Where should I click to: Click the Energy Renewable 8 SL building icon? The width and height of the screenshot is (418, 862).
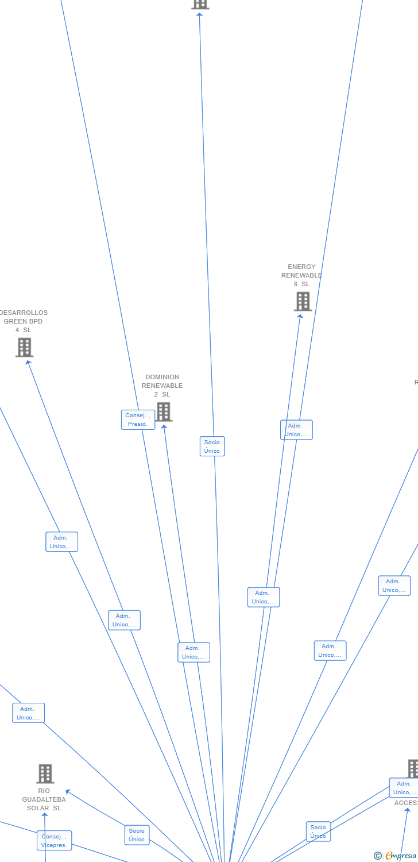303,301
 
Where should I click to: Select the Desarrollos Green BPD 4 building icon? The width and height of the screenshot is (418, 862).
24,347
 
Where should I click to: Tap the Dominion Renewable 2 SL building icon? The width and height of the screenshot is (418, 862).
164,411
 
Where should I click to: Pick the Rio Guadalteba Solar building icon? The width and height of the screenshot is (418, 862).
45,774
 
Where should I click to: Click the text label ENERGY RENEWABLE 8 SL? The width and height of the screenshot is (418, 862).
301,275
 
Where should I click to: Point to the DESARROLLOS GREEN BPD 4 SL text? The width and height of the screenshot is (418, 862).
24,321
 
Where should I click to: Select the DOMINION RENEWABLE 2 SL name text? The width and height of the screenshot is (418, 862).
162,386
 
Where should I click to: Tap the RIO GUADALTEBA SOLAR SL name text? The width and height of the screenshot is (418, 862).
44,799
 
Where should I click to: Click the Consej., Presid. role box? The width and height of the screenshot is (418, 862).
138,420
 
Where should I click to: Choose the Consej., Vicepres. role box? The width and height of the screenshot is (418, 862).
55,841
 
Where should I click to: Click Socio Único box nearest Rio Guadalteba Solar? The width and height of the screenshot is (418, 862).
137,835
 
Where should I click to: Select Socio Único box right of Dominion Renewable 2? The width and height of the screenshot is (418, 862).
212,447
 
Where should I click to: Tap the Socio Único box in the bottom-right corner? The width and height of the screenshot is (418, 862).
318,832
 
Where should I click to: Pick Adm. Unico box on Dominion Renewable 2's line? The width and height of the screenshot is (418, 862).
193,652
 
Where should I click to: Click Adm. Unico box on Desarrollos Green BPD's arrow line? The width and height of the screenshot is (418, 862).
124,620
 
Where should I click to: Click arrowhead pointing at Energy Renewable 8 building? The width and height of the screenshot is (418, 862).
300,315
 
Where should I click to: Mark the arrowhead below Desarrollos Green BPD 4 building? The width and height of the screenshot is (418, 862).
28,362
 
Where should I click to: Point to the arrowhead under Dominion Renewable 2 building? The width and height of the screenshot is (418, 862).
164,426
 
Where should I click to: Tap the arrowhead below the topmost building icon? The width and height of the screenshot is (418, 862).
199,14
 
